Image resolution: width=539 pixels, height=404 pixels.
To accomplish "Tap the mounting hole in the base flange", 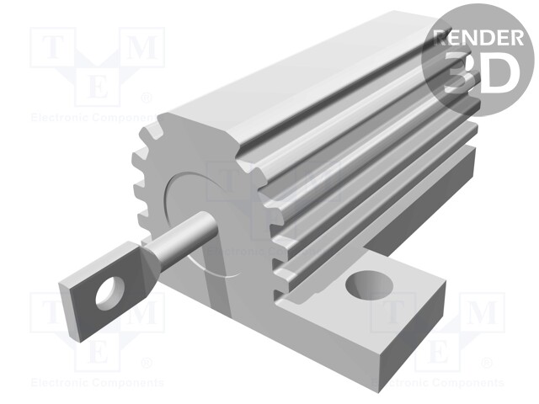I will point(368,286).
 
